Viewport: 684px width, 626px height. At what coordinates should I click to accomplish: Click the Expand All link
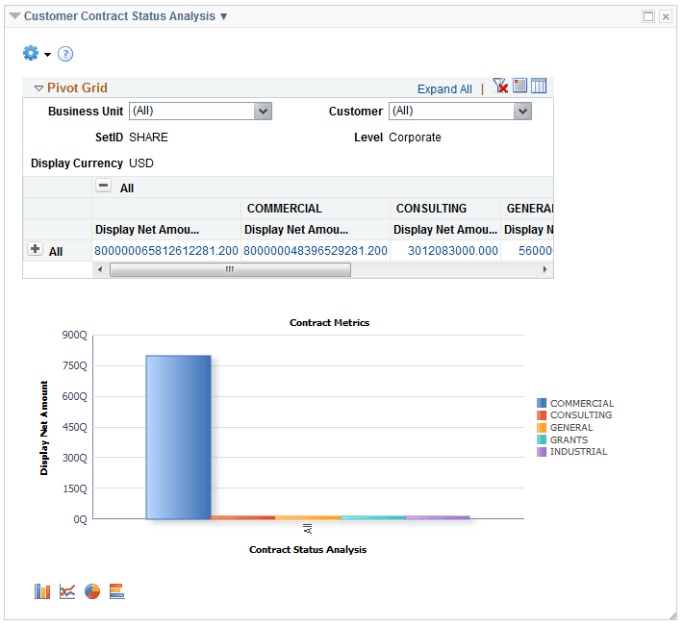coord(444,89)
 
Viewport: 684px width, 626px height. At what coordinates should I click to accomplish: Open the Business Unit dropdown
coord(263,112)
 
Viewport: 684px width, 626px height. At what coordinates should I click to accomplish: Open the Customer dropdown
coord(522,112)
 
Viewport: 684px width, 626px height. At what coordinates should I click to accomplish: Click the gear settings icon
coord(30,53)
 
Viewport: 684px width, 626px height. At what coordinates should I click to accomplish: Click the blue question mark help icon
coord(65,54)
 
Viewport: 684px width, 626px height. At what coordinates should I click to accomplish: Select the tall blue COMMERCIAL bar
coord(178,437)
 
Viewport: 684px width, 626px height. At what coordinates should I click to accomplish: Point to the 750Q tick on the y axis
coord(75,365)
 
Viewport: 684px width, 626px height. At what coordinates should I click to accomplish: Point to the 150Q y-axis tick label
coord(75,488)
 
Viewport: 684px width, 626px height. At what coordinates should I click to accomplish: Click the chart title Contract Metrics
coord(329,323)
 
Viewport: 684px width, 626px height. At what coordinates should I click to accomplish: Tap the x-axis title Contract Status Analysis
coord(308,550)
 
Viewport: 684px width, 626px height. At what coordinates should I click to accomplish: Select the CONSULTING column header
coord(431,209)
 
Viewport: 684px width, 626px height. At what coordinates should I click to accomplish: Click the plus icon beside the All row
coord(36,249)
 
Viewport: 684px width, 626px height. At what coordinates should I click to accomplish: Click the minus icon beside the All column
coord(103,187)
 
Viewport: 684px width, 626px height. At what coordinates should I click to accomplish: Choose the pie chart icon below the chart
coord(92,591)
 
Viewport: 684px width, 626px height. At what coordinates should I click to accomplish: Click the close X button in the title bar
coord(665,16)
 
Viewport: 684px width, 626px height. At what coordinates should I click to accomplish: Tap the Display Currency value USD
coord(141,163)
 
